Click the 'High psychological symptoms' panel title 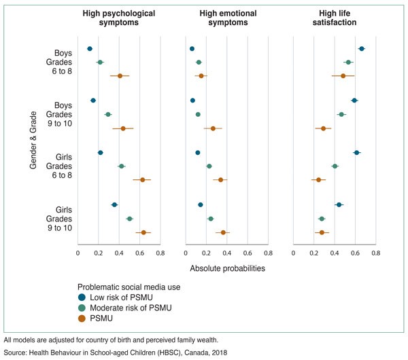point(118,18)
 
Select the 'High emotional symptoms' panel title point(226,18)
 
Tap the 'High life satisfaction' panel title point(334,18)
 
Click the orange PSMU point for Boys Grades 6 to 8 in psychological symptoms point(120,75)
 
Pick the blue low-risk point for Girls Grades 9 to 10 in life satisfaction point(339,204)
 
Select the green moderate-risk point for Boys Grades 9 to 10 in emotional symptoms point(198,114)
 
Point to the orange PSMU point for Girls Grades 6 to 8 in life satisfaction point(318,179)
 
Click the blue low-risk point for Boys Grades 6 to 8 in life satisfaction point(362,49)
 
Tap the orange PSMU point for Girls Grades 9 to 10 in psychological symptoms point(143,232)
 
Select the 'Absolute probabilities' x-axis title point(226,268)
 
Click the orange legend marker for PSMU point(82,318)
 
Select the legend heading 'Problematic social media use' point(129,287)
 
